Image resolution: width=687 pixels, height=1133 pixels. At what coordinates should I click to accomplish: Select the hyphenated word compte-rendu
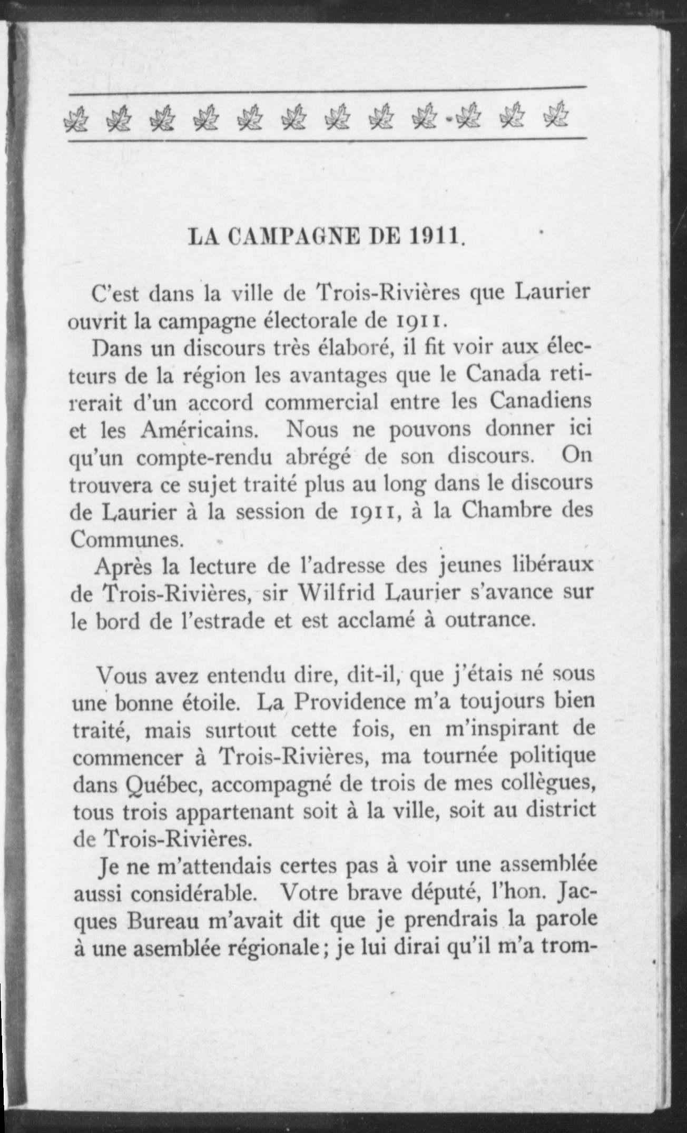203,458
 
